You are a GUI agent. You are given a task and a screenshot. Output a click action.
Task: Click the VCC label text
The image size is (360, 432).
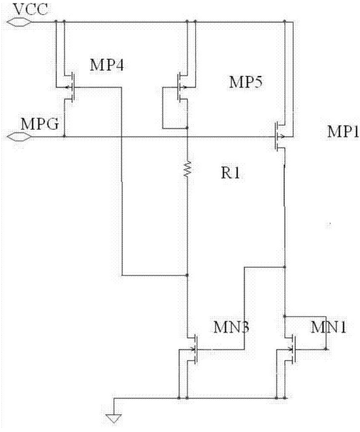click(x=30, y=9)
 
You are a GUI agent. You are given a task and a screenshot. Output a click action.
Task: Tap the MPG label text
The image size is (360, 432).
click(x=40, y=124)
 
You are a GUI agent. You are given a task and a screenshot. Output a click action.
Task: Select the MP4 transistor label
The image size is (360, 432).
click(x=107, y=66)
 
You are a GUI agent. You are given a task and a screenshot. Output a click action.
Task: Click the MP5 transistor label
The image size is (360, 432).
click(x=246, y=82)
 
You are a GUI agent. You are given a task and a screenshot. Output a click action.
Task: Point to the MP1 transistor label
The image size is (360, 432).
click(x=343, y=131)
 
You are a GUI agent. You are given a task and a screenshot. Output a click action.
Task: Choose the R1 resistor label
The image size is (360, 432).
click(x=231, y=173)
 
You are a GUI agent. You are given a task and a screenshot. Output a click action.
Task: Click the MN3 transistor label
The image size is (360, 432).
click(x=231, y=327)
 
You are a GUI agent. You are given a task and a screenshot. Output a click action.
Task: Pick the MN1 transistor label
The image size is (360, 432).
click(x=328, y=327)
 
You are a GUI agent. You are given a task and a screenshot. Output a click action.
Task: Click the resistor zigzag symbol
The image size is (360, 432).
click(x=187, y=169)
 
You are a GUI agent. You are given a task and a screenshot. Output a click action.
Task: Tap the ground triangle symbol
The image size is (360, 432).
click(x=114, y=419)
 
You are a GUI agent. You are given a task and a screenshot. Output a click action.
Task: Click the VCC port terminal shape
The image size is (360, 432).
click(x=19, y=21)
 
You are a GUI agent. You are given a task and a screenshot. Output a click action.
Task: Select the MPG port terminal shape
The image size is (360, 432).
click(x=19, y=136)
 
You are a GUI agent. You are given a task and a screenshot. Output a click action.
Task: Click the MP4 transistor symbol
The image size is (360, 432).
click(x=70, y=87)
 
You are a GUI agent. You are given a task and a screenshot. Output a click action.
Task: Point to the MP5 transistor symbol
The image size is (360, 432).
click(x=182, y=87)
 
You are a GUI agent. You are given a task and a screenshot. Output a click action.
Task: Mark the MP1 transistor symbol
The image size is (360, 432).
click(x=279, y=136)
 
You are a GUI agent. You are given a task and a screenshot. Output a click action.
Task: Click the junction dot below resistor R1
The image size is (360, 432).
click(x=187, y=275)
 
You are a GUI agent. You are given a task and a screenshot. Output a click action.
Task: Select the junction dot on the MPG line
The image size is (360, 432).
click(x=64, y=136)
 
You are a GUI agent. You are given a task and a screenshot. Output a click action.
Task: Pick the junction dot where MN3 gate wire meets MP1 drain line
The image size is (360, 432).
click(x=285, y=267)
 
